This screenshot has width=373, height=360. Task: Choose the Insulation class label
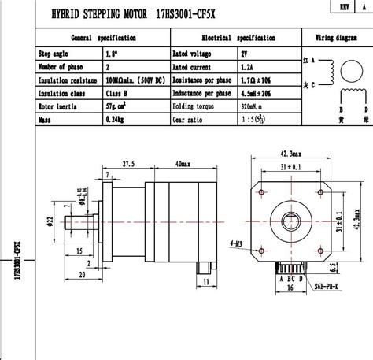[62, 93]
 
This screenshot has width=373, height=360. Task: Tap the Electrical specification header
[238, 38]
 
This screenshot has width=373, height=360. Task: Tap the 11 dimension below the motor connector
[205, 280]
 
